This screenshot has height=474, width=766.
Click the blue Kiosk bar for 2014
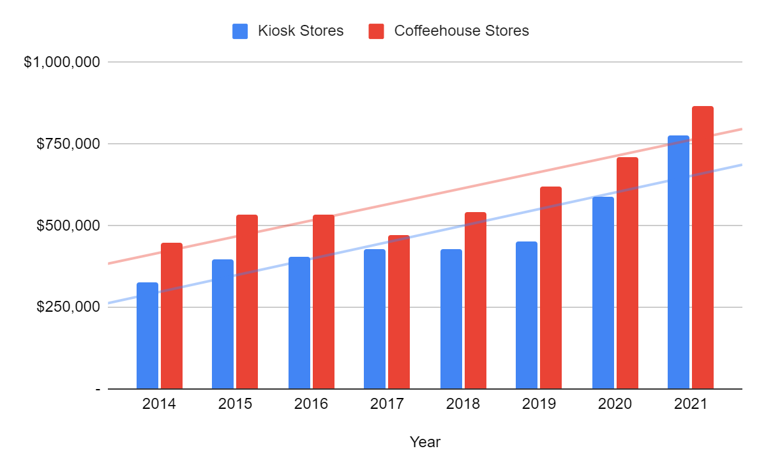[147, 335]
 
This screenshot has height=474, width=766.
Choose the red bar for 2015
[247, 302]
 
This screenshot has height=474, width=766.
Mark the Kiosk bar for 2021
[679, 262]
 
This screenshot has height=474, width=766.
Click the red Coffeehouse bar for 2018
[476, 300]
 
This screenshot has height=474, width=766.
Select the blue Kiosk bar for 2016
[299, 323]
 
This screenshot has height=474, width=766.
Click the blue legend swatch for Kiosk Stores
[240, 31]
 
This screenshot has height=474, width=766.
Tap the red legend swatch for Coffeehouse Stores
[377, 31]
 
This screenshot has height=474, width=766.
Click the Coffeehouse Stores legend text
[462, 31]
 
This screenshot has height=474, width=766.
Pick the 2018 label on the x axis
[463, 404]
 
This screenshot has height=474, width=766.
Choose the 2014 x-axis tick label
[160, 404]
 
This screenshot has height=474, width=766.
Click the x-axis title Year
[425, 441]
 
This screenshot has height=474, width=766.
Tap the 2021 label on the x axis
[691, 404]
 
